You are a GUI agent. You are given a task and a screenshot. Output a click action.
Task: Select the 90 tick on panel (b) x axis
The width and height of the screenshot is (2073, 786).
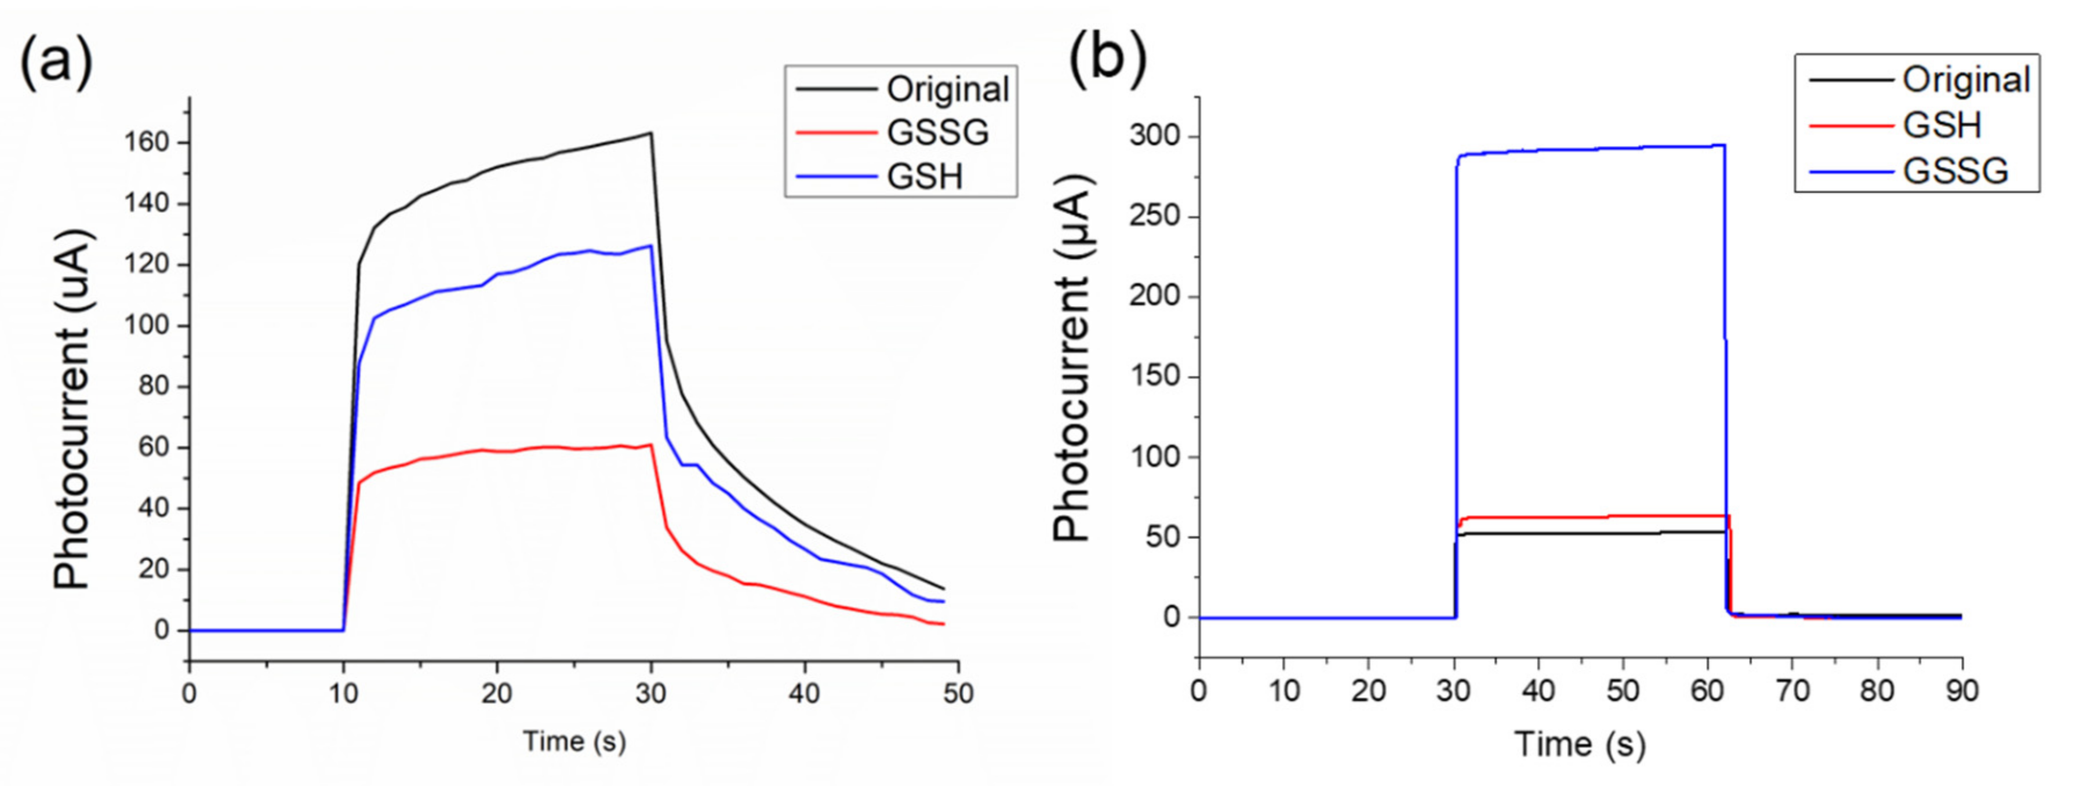point(1961,690)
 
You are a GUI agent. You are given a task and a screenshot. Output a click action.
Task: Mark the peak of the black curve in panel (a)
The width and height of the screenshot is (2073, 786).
point(650,133)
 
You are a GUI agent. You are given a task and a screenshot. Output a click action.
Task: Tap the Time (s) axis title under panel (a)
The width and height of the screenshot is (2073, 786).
point(574,741)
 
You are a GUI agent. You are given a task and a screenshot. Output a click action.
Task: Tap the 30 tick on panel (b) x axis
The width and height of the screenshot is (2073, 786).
point(1453,690)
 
